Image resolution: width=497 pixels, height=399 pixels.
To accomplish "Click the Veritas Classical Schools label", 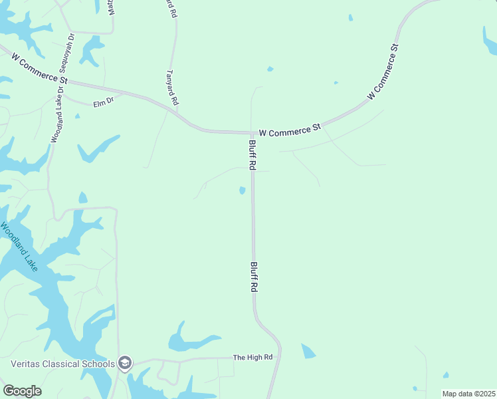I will pos(63,364).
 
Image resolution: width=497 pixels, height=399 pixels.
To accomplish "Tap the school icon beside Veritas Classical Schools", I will pos(124,363).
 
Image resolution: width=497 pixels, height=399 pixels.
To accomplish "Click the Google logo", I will pos(22,391).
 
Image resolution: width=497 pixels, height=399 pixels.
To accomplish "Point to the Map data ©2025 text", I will pos(468,394).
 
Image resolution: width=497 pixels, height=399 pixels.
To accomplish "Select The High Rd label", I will pos(252,357).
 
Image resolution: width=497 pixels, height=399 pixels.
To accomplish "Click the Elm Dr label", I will pos(104,102).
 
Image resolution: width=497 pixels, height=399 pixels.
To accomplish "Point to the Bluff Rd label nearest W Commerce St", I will pos(252,155).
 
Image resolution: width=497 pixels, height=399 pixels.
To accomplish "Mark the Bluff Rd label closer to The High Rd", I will pos(253,277).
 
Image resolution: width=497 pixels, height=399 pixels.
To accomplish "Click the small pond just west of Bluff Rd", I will pos(242,191).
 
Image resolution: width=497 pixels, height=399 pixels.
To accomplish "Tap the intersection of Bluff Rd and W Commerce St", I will pos(252,132).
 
